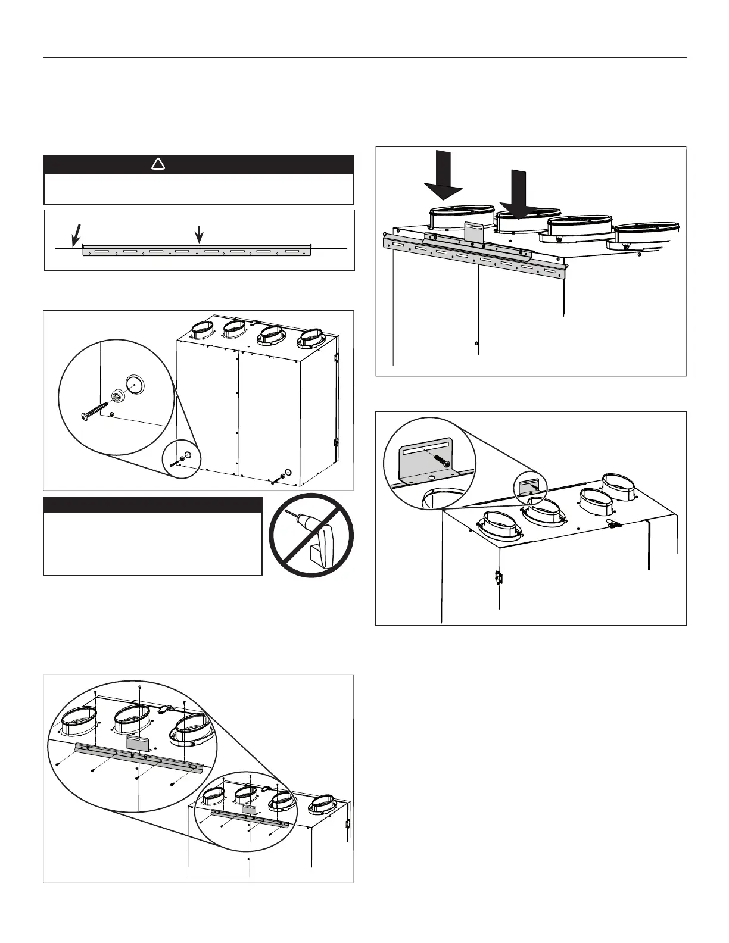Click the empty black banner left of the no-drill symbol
coord(152,505)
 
